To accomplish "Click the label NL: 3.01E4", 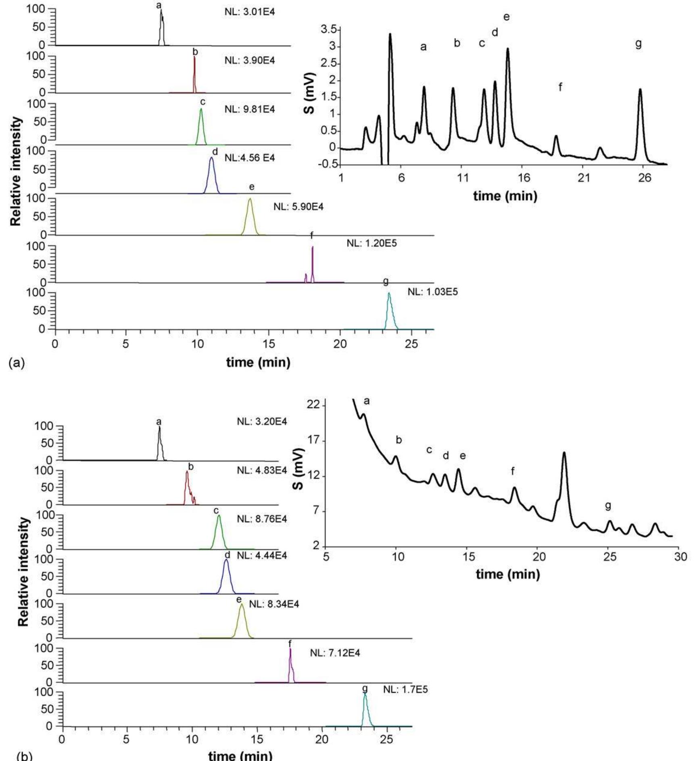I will click(249, 12).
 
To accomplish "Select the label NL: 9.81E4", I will click(249, 109).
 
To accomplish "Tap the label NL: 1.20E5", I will click(372, 243).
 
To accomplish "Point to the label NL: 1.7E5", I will click(405, 690).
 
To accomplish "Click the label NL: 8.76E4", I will click(262, 519).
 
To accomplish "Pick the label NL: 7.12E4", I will click(335, 653).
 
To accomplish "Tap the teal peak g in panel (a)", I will click(390, 311).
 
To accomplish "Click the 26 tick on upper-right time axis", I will click(644, 177).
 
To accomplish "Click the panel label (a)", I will click(16, 363).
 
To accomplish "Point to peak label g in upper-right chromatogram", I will click(638, 44).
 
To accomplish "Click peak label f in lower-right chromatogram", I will click(512, 471).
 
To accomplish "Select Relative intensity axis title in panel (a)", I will click(15, 171).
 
